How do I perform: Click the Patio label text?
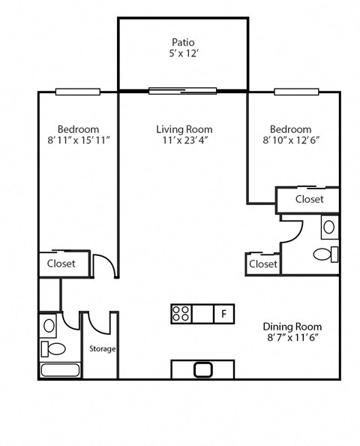point(183,42)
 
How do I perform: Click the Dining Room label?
point(292,327)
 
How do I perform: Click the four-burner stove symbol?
point(181,313)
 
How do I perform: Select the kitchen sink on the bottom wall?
point(203,369)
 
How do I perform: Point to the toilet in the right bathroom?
point(323,254)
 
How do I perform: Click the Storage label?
point(102,349)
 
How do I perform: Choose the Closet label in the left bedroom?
point(61,264)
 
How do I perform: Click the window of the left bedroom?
point(77,92)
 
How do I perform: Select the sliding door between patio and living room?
point(182,92)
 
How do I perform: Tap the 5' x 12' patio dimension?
point(183,54)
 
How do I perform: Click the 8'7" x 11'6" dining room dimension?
point(292,339)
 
